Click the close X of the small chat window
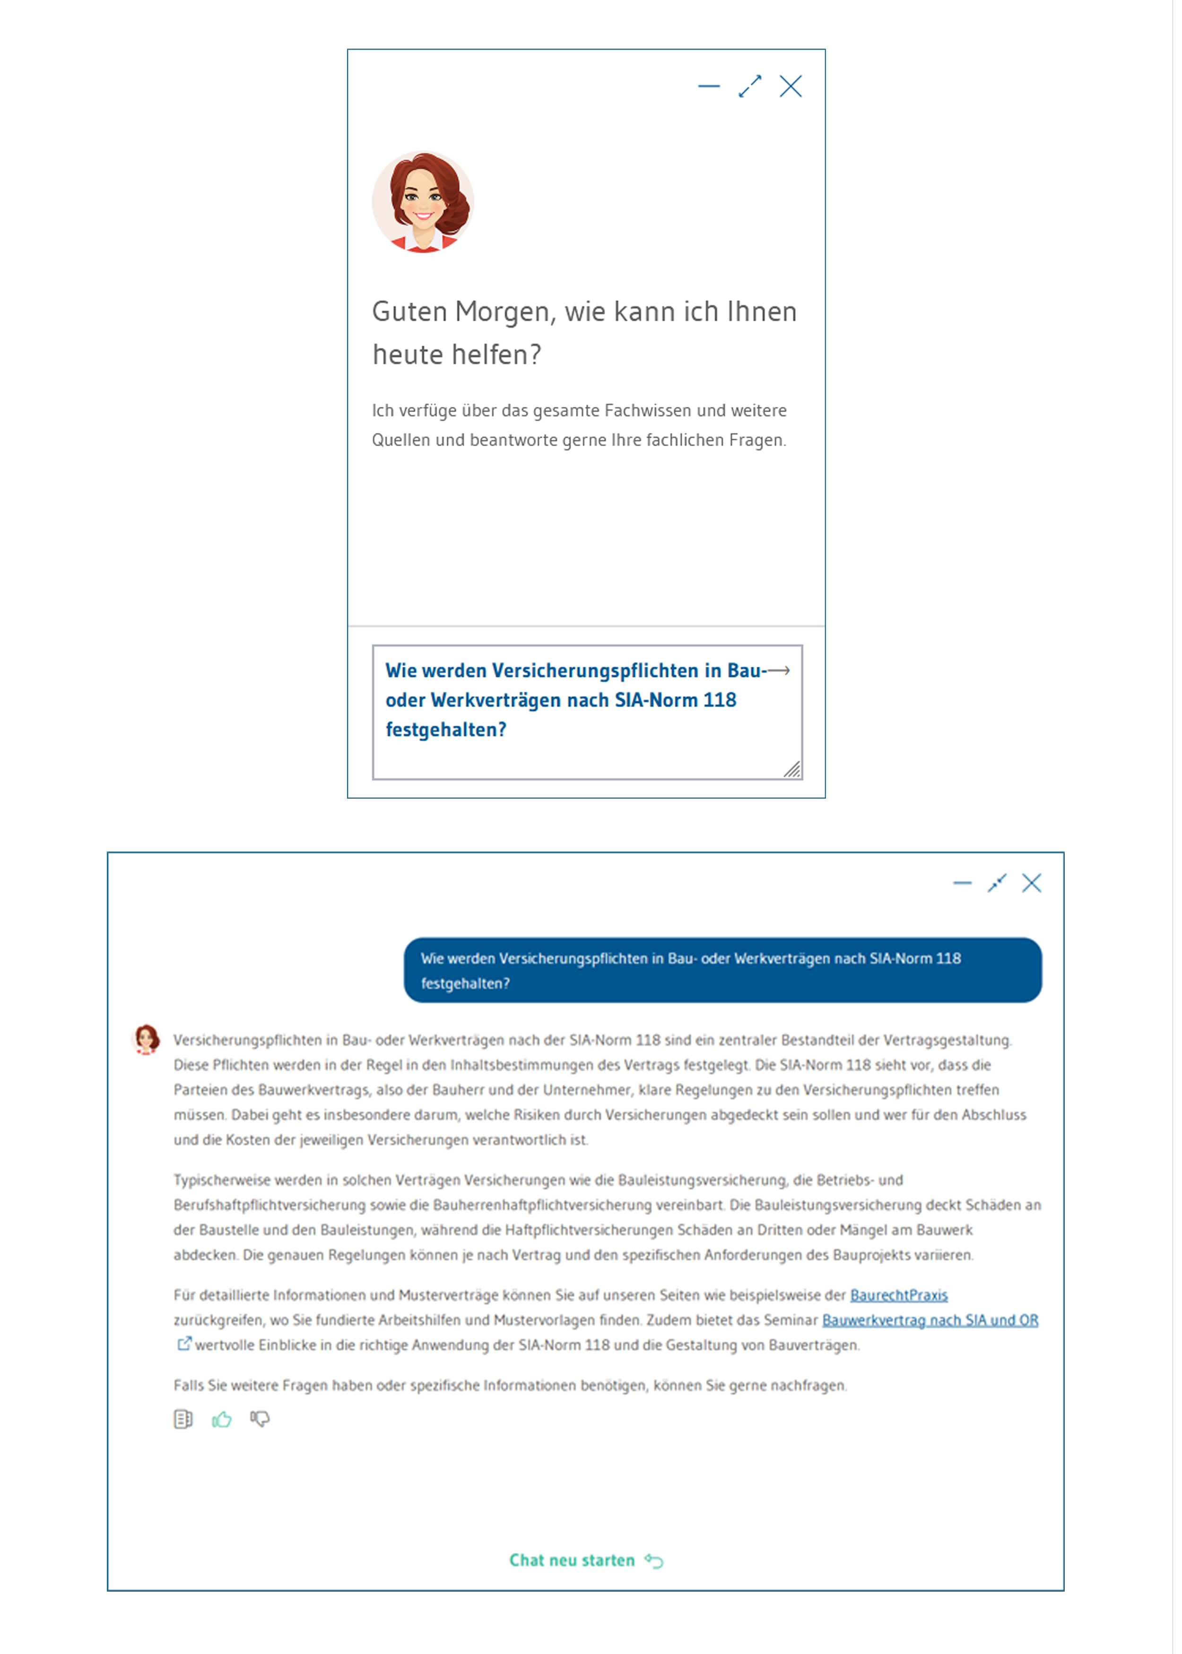(x=791, y=86)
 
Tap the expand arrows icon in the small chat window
(x=750, y=86)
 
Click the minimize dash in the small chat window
(x=708, y=86)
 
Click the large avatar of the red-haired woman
(x=423, y=202)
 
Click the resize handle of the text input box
(x=792, y=769)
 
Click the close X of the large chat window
(x=1031, y=883)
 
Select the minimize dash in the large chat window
(x=962, y=883)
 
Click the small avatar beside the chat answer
(x=146, y=1039)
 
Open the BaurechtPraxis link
(x=899, y=1295)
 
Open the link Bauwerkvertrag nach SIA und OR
(x=930, y=1320)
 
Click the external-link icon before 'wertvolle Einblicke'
(x=184, y=1344)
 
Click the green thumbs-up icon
(x=221, y=1419)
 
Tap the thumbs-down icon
(x=260, y=1419)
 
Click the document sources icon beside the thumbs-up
(x=183, y=1419)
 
